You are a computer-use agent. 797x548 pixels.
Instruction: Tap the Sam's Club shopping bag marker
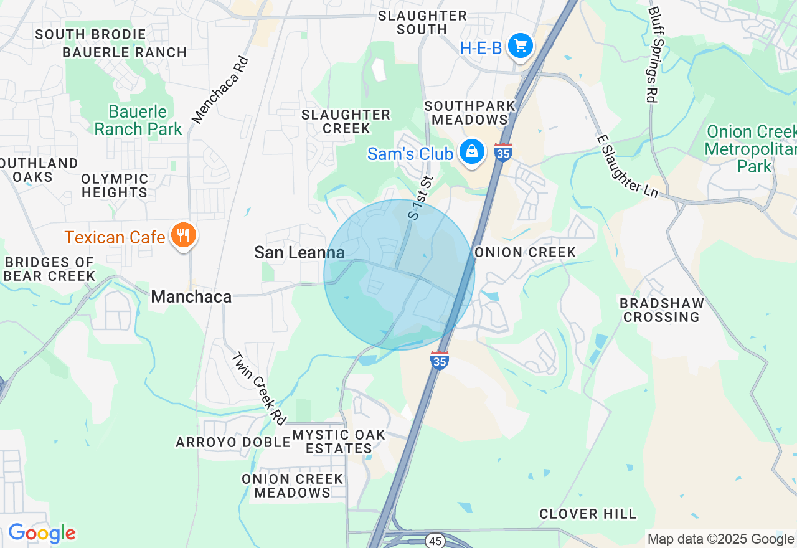[473, 151]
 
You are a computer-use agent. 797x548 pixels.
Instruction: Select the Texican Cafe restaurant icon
[182, 235]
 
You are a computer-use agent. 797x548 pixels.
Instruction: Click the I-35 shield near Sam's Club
[502, 152]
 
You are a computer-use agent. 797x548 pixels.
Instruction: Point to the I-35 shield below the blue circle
[440, 360]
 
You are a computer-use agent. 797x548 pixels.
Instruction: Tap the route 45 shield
[435, 540]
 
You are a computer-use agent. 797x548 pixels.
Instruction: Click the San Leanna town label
[299, 252]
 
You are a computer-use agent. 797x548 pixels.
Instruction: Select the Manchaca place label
[191, 296]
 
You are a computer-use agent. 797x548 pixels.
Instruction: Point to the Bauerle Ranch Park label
[138, 120]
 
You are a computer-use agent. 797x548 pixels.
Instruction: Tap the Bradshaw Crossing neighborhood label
[662, 310]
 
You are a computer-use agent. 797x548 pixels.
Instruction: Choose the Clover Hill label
[588, 514]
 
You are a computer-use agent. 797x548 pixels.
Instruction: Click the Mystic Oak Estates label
[339, 441]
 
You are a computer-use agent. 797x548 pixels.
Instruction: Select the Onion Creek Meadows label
[293, 485]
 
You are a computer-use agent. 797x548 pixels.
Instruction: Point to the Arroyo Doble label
[233, 442]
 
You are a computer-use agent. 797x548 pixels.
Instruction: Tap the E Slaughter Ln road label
[627, 166]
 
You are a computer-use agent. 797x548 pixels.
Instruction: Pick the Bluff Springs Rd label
[653, 54]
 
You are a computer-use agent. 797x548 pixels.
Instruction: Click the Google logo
[42, 534]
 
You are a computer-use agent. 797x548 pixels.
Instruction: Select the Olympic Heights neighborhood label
[115, 186]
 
